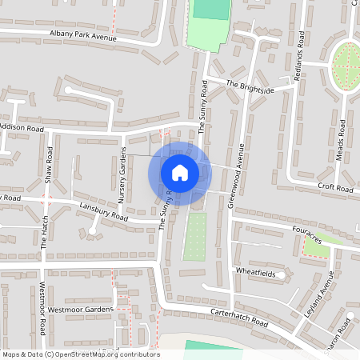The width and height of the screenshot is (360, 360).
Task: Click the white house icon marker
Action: pyautogui.click(x=180, y=172)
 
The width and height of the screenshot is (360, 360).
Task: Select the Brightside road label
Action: pyautogui.click(x=249, y=87)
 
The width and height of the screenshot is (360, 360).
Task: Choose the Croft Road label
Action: pyautogui.click(x=334, y=189)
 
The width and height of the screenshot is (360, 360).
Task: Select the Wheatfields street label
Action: pyautogui.click(x=254, y=272)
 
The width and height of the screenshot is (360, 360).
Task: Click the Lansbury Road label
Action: pyautogui.click(x=103, y=210)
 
